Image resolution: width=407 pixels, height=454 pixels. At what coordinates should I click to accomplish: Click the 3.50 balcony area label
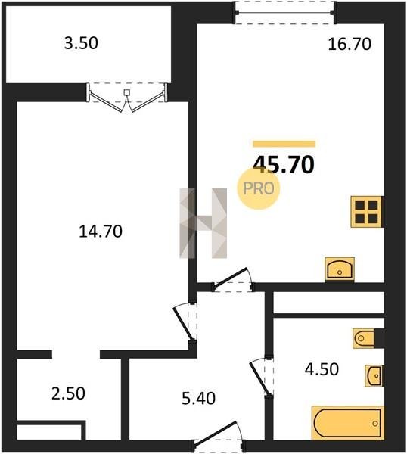click(81, 43)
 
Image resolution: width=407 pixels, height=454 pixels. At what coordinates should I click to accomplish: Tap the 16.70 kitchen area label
click(350, 45)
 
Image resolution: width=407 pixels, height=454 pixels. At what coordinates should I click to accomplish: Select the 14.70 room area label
click(101, 232)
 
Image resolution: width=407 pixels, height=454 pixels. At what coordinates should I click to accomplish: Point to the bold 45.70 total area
click(284, 165)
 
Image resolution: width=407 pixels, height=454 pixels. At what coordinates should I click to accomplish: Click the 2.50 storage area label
click(68, 393)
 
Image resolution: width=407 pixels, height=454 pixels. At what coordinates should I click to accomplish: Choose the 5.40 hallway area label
click(198, 399)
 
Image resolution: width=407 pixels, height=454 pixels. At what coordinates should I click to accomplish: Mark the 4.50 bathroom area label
click(322, 369)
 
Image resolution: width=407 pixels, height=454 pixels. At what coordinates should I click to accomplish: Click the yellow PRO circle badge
click(259, 188)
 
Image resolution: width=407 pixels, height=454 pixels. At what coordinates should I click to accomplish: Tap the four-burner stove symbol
click(367, 212)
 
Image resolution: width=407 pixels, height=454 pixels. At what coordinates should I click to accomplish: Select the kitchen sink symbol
click(340, 269)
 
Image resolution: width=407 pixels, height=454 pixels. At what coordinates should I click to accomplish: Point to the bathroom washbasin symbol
click(374, 376)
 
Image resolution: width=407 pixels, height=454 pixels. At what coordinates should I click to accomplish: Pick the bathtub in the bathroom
click(348, 423)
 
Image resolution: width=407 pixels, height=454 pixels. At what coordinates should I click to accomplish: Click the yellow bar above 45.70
click(284, 144)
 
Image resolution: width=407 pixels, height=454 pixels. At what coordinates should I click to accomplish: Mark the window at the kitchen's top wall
click(285, 12)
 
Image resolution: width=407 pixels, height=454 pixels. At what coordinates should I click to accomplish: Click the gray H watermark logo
click(203, 223)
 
